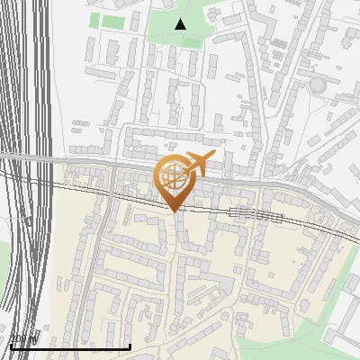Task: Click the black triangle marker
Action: tap(180, 24)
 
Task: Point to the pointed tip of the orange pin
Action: tap(173, 211)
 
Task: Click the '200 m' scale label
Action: tap(24, 339)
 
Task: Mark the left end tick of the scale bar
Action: tap(11, 345)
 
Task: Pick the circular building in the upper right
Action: tap(318, 85)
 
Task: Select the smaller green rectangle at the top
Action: tap(94, 20)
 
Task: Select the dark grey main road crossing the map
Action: tap(270, 184)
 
